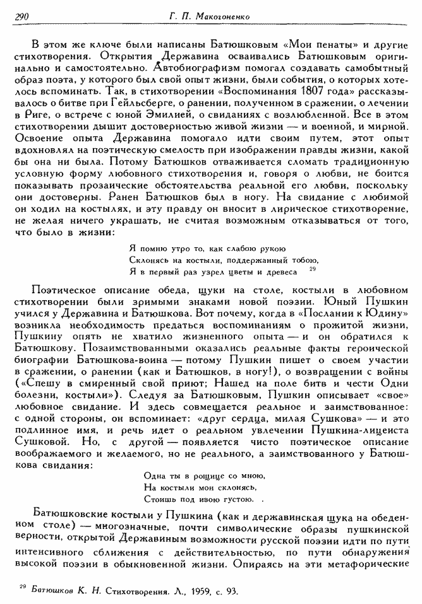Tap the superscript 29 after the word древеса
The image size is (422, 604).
(x=312, y=269)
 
